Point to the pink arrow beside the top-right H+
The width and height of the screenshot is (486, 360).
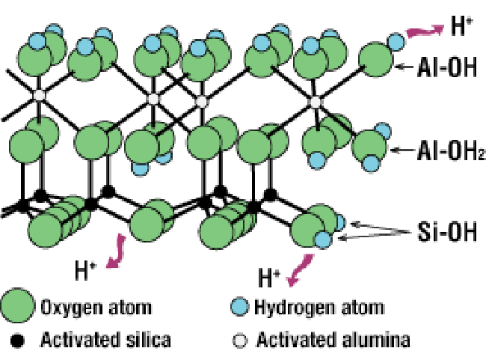pyautogui.click(x=422, y=30)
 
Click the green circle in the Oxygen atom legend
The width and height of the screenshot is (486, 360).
pyautogui.click(x=17, y=306)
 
